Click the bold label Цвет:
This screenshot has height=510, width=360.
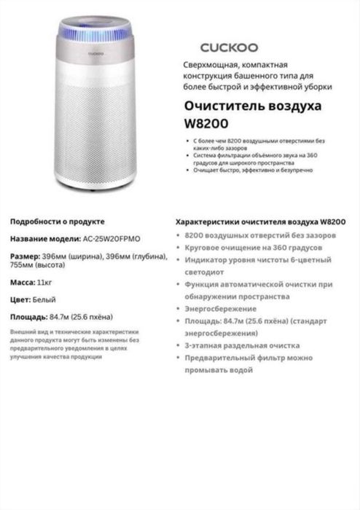[x=20, y=299]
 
